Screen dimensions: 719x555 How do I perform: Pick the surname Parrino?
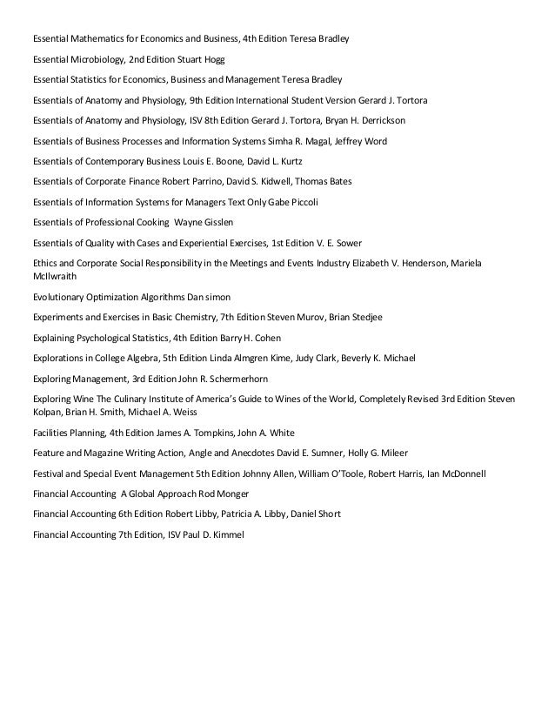click(232, 181)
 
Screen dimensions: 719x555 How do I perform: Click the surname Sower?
click(347, 243)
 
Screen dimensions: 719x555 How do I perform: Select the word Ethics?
click(45, 263)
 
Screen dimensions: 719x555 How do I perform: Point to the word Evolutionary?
click(63, 297)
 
